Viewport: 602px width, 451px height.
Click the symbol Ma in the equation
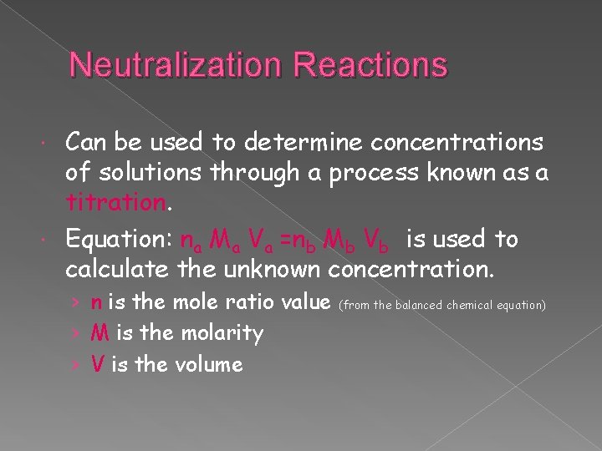(222, 241)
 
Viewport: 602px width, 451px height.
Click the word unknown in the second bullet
(271, 270)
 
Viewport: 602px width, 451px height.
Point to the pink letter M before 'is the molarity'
(100, 333)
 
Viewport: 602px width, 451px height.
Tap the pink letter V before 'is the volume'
(98, 364)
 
